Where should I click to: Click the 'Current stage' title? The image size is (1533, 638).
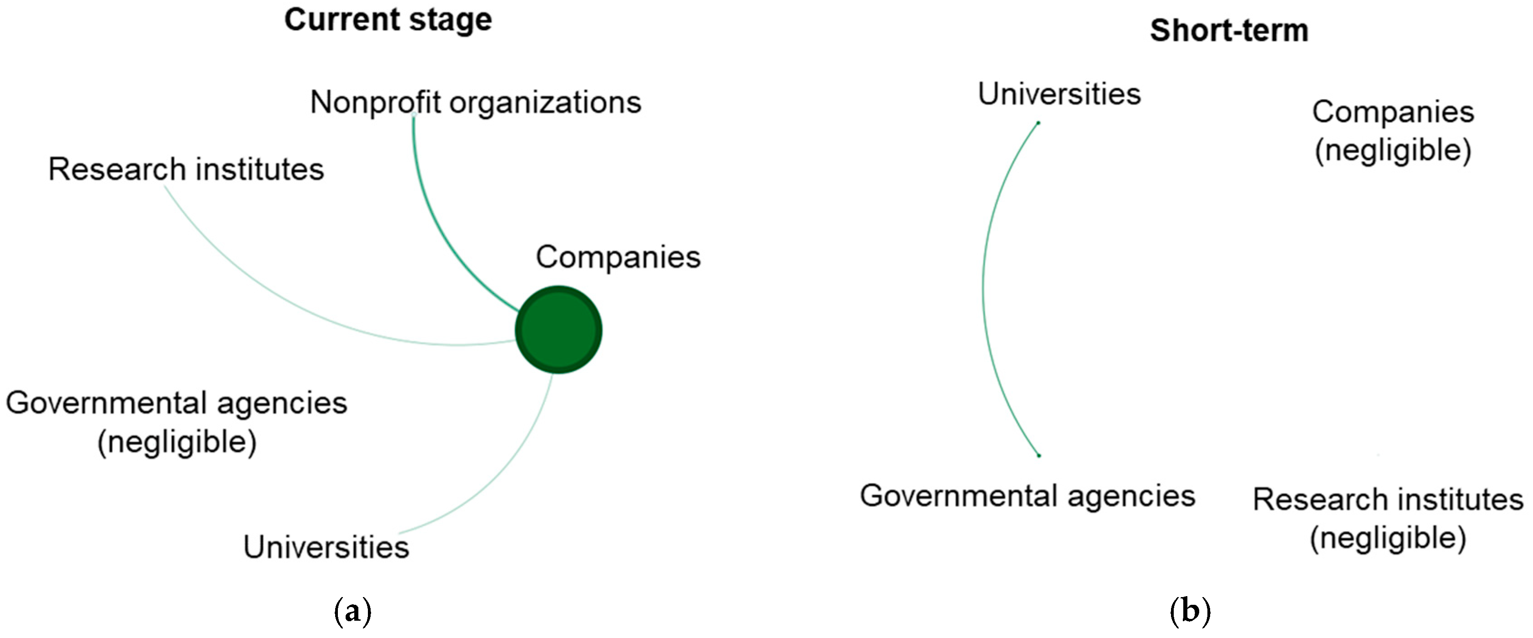tap(388, 20)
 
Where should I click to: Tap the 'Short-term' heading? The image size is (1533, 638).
tap(1229, 30)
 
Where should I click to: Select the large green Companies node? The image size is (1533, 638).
tap(558, 330)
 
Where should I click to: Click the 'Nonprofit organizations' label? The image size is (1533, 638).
tap(476, 102)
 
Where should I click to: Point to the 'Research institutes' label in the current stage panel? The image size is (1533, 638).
tap(186, 170)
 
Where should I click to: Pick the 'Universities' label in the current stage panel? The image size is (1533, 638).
tap(326, 547)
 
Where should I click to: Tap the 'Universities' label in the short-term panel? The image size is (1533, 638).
tap(1059, 94)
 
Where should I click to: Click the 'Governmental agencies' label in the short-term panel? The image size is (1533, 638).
tap(1027, 496)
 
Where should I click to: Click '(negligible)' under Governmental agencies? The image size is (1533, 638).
tap(177, 442)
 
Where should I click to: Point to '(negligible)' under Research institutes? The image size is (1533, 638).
tap(1388, 538)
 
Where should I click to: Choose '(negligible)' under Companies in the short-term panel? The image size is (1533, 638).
tap(1392, 150)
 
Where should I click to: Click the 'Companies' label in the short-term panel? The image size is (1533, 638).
tap(1392, 112)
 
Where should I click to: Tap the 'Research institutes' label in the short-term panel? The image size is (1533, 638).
tap(1388, 499)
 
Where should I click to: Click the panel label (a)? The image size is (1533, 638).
tap(353, 611)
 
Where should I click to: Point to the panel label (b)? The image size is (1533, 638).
tap(1190, 611)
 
